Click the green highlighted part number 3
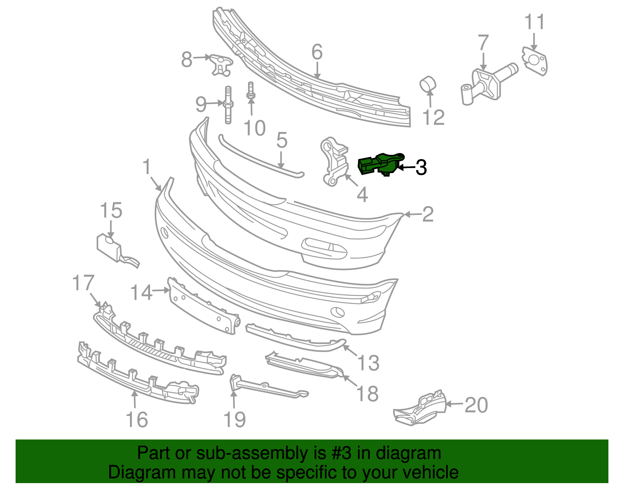click(380, 164)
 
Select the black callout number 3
click(421, 168)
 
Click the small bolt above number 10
click(250, 90)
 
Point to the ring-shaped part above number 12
click(427, 84)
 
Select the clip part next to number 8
click(221, 64)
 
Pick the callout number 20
click(476, 405)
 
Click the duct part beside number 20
click(421, 407)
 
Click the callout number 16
click(137, 420)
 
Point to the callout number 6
click(317, 52)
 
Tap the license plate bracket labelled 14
click(203, 306)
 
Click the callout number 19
click(234, 420)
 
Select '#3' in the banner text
click(342, 453)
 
